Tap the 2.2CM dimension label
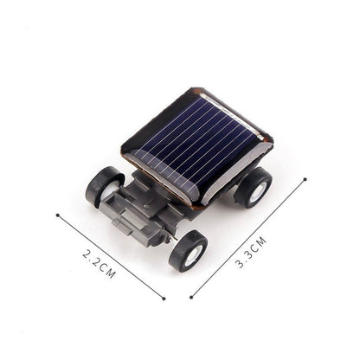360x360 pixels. pyautogui.click(x=99, y=262)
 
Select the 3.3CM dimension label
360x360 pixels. pyautogui.click(x=252, y=252)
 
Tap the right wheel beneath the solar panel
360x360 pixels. pyautogui.click(x=254, y=187)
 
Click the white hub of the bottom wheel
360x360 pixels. pyautogui.click(x=192, y=254)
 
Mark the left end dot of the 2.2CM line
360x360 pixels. pyautogui.click(x=57, y=216)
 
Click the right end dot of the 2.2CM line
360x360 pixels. pyautogui.click(x=163, y=299)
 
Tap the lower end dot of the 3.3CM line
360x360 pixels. pyautogui.click(x=192, y=297)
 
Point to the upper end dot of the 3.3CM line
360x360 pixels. pyautogui.click(x=305, y=180)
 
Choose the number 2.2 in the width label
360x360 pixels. pyautogui.click(x=91, y=257)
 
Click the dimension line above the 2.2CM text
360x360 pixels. pyautogui.click(x=110, y=257)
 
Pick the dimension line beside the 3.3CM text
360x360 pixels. pyautogui.click(x=248, y=239)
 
